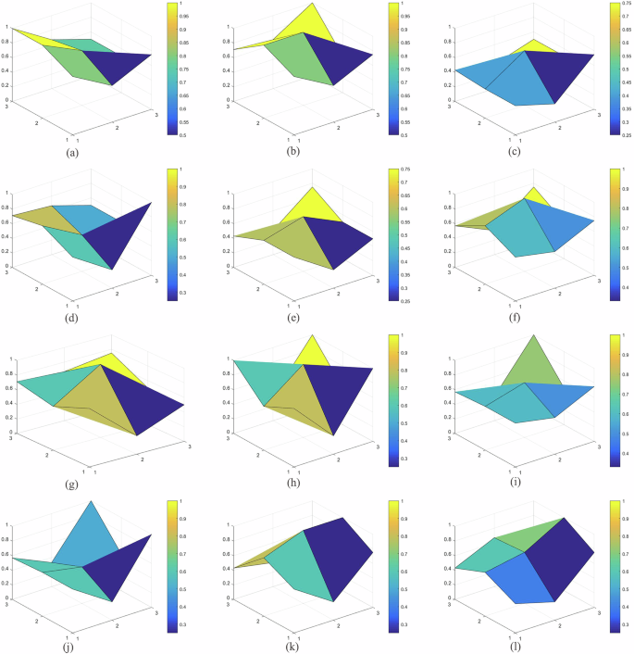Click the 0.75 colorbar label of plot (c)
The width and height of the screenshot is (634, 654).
(x=628, y=5)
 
